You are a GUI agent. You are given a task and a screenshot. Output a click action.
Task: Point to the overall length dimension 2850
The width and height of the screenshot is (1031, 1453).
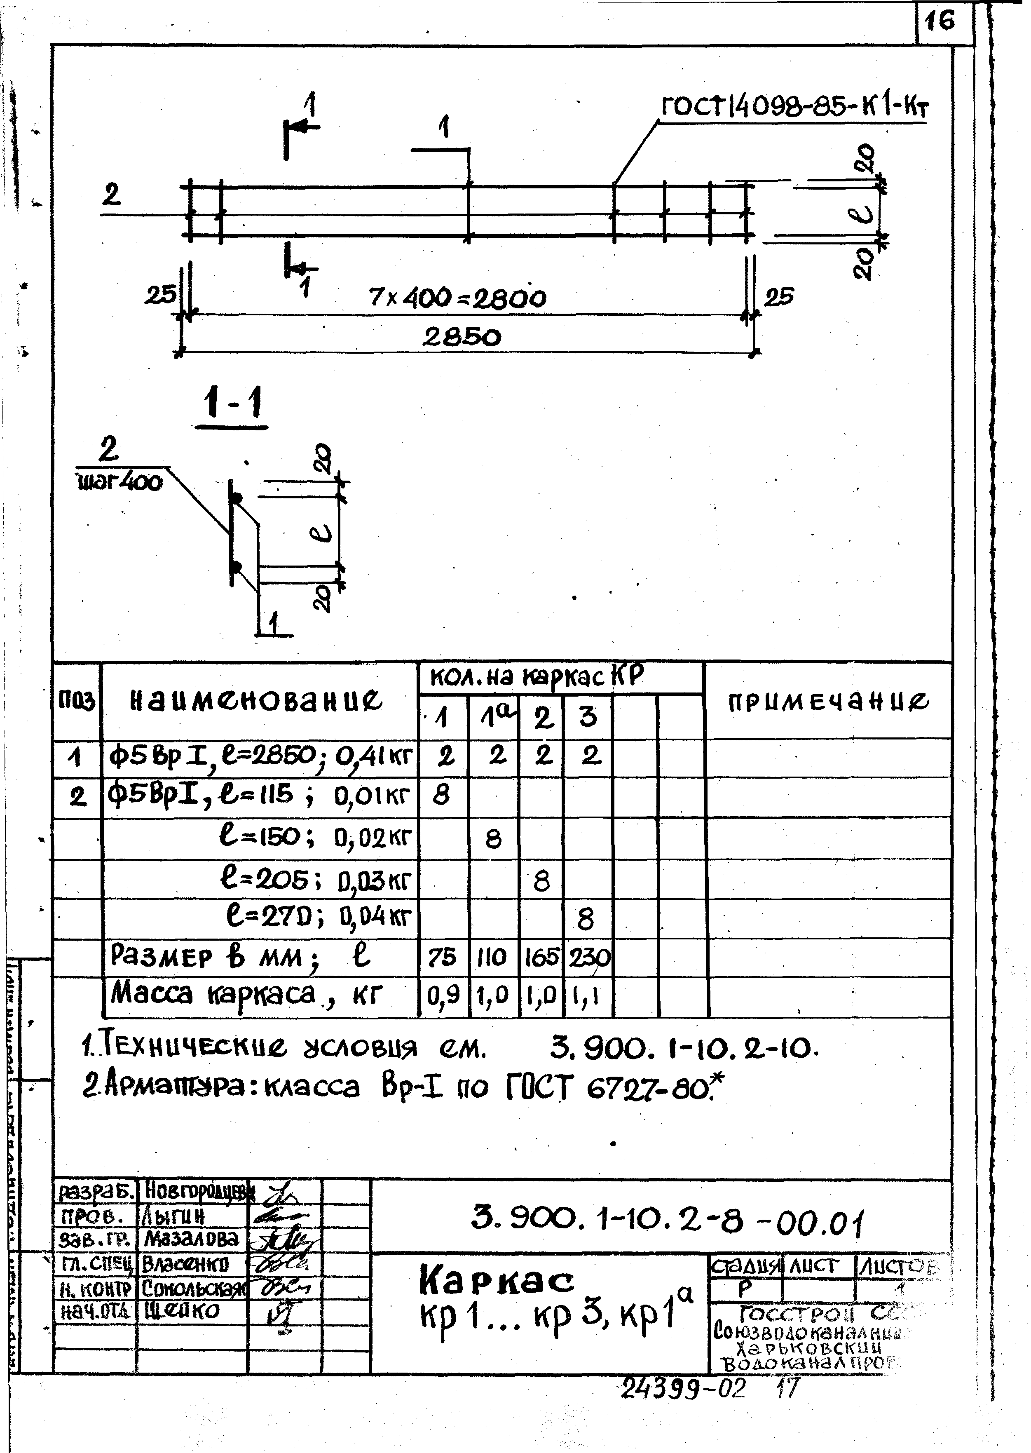pos(462,337)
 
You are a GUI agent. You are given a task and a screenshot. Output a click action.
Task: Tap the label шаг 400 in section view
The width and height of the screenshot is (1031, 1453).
pos(120,483)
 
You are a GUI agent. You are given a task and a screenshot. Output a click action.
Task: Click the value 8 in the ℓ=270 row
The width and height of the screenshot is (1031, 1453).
pos(585,919)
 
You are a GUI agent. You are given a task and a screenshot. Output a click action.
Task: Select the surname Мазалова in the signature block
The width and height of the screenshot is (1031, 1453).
pos(191,1238)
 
